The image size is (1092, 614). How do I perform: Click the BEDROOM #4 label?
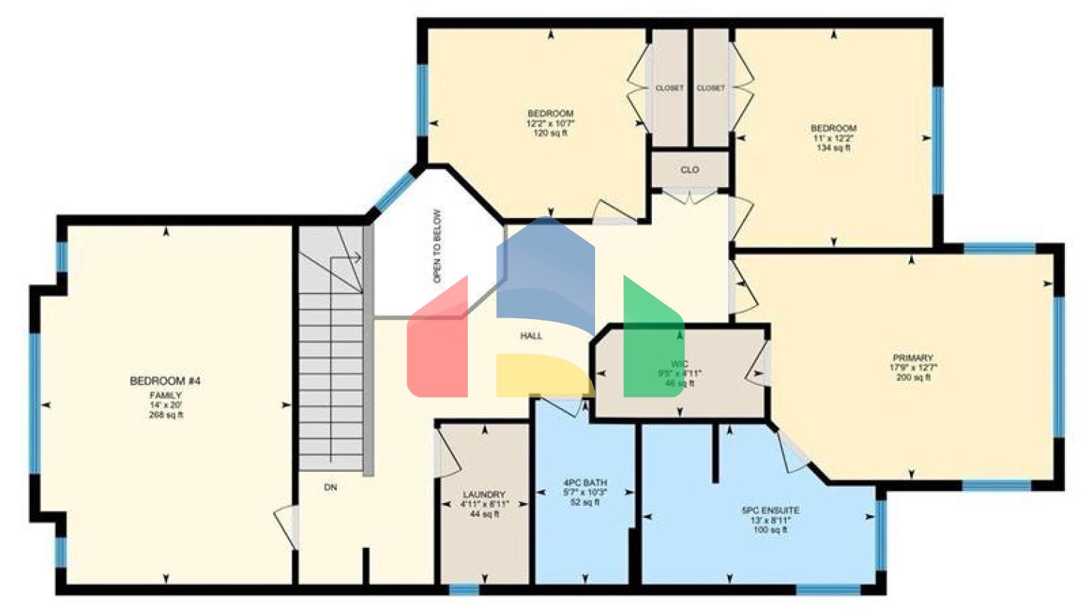[x=165, y=381]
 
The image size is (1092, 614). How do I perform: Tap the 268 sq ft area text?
[x=166, y=415]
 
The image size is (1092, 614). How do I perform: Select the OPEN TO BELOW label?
[x=437, y=246]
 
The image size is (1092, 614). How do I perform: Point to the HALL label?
[x=531, y=336]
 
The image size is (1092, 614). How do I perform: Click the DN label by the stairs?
[x=331, y=488]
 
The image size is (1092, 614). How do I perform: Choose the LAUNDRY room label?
[x=484, y=495]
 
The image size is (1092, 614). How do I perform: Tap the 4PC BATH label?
[x=585, y=483]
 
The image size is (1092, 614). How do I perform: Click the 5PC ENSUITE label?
[x=770, y=510]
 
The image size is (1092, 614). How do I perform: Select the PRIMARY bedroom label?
[x=913, y=358]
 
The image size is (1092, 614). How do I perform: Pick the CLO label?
[x=690, y=170]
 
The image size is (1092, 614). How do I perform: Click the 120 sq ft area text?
[x=550, y=133]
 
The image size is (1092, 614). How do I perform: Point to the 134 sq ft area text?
[x=833, y=148]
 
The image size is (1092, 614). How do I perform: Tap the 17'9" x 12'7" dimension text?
[x=913, y=368]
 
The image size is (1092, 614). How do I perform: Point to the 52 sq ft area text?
[x=585, y=502]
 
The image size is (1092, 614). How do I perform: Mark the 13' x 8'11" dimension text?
[x=771, y=520]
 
